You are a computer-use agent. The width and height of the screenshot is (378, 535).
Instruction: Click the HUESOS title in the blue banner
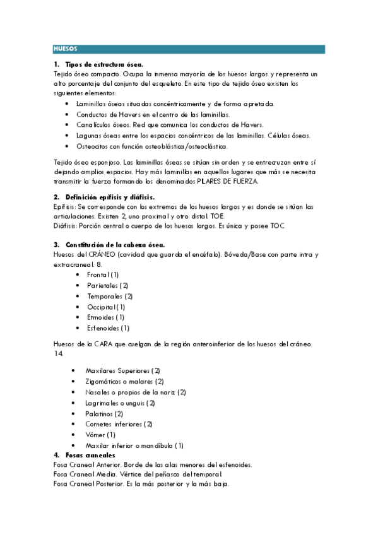pos(66,49)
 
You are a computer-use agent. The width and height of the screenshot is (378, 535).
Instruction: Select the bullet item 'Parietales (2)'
pos(107,285)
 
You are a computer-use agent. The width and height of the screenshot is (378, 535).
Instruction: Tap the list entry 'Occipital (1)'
pos(106,307)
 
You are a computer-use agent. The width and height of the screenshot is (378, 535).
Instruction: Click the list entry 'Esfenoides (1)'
pos(108,328)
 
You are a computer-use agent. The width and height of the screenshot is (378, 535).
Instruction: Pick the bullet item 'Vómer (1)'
pos(100,435)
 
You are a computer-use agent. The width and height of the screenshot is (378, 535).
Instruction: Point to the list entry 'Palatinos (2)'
pos(104,413)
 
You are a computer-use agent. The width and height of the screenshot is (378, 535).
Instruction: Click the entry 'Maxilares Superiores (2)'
pos(122,370)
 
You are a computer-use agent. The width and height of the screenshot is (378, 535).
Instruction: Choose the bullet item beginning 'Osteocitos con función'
pos(151,146)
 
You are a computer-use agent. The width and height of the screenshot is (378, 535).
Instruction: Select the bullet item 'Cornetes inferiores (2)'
pos(119,424)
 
